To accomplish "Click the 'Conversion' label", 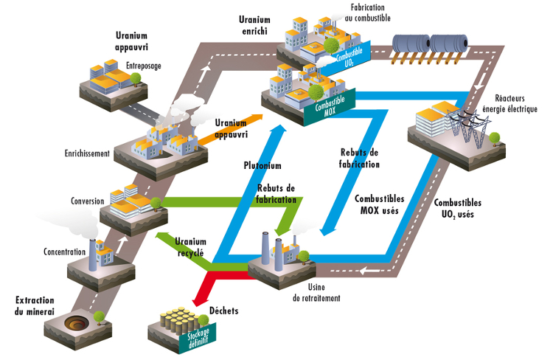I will (x=88, y=199).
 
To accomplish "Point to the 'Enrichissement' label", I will (x=87, y=154).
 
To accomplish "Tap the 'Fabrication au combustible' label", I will (x=366, y=13).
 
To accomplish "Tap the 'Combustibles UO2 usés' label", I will (x=458, y=209).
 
